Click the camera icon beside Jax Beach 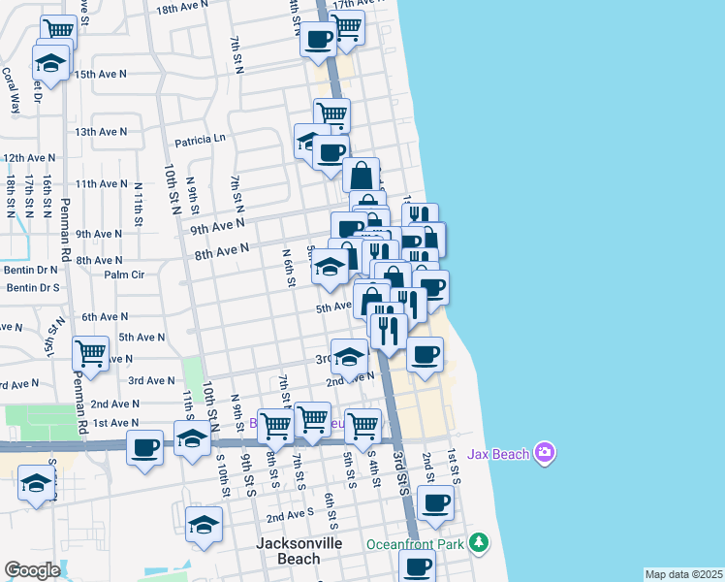(546, 452)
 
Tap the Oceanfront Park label (414, 543)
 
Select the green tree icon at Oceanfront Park (478, 541)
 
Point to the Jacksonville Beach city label (299, 550)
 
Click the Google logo (32, 569)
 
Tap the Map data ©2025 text (682, 574)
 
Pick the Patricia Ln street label (200, 140)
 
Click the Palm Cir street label (124, 275)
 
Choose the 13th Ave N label (101, 132)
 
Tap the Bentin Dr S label (33, 288)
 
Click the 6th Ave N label (106, 317)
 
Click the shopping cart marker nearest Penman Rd (90, 354)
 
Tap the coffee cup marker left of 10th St (145, 448)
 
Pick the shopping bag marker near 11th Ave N (361, 176)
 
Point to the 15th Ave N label (101, 74)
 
